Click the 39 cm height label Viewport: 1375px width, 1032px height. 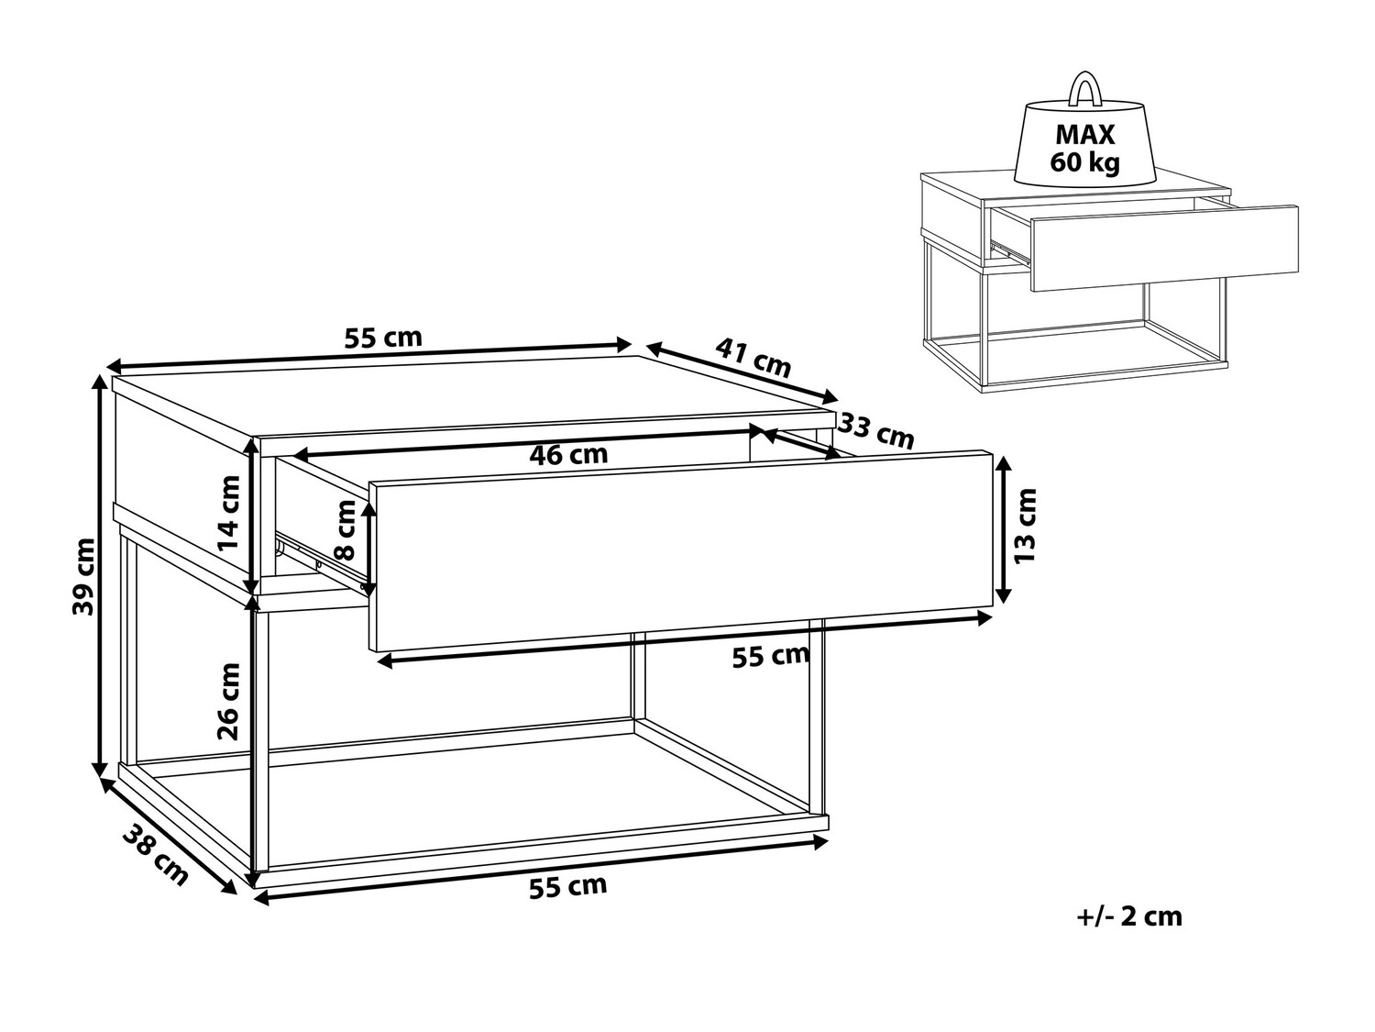[84, 576]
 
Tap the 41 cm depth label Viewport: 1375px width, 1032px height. [753, 358]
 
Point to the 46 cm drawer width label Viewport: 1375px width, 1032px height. [569, 455]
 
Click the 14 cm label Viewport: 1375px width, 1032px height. [228, 513]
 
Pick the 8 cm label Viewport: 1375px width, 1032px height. [346, 530]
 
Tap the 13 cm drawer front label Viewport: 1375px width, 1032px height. [1026, 525]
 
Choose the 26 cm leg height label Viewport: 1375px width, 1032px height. [228, 702]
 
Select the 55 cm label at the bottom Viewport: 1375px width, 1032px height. [568, 887]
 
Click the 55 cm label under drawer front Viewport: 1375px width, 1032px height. [771, 657]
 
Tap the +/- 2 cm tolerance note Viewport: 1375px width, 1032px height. [1128, 916]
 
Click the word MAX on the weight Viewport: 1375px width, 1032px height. [1085, 135]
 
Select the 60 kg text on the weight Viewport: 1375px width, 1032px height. [1085, 162]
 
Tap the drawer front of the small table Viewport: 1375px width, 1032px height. [1164, 248]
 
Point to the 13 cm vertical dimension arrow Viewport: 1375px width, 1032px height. [1003, 529]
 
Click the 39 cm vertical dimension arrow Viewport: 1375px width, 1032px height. [100, 576]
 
